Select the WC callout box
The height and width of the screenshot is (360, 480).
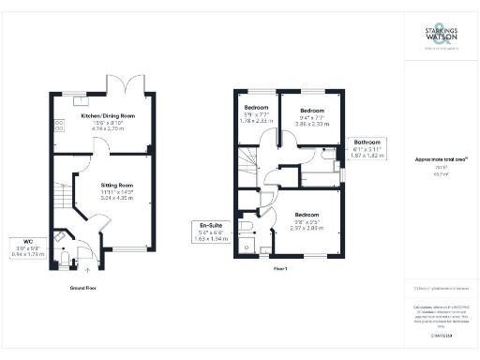[x=23, y=248]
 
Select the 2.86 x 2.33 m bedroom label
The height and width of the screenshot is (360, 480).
[x=308, y=116]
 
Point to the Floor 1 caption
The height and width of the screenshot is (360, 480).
[x=278, y=269]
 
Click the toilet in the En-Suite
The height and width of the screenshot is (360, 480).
[x=247, y=228]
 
